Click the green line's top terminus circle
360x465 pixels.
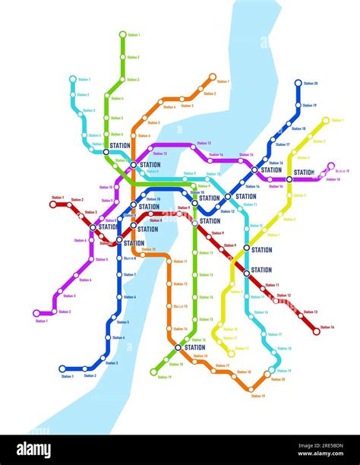pos(122,34)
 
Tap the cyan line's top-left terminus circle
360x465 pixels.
pos(73,78)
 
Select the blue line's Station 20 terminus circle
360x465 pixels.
pos(298,83)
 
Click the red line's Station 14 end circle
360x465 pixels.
pos(317,331)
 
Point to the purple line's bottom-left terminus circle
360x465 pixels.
pos(36,313)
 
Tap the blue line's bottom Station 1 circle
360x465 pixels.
pos(62,369)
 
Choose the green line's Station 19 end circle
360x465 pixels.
pos(153,372)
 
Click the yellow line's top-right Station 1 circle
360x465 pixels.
pos(326,120)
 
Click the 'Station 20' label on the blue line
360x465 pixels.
pos(311,83)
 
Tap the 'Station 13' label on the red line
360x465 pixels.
pos(310,312)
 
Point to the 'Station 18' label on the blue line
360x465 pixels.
pos(298,128)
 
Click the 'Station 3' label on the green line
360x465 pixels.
pos(133,79)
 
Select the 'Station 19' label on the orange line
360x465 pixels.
pos(257,396)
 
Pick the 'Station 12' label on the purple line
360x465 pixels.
pos(159,154)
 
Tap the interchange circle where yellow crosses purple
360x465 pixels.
pos(289,179)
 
